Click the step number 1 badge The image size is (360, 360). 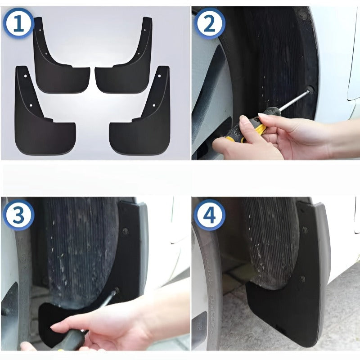[x=18, y=24]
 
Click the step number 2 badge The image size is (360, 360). [x=209, y=24]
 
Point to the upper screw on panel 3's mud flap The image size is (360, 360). [x=125, y=232]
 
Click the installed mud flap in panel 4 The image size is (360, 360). [x=288, y=306]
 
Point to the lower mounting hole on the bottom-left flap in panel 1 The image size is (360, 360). [x=31, y=105]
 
